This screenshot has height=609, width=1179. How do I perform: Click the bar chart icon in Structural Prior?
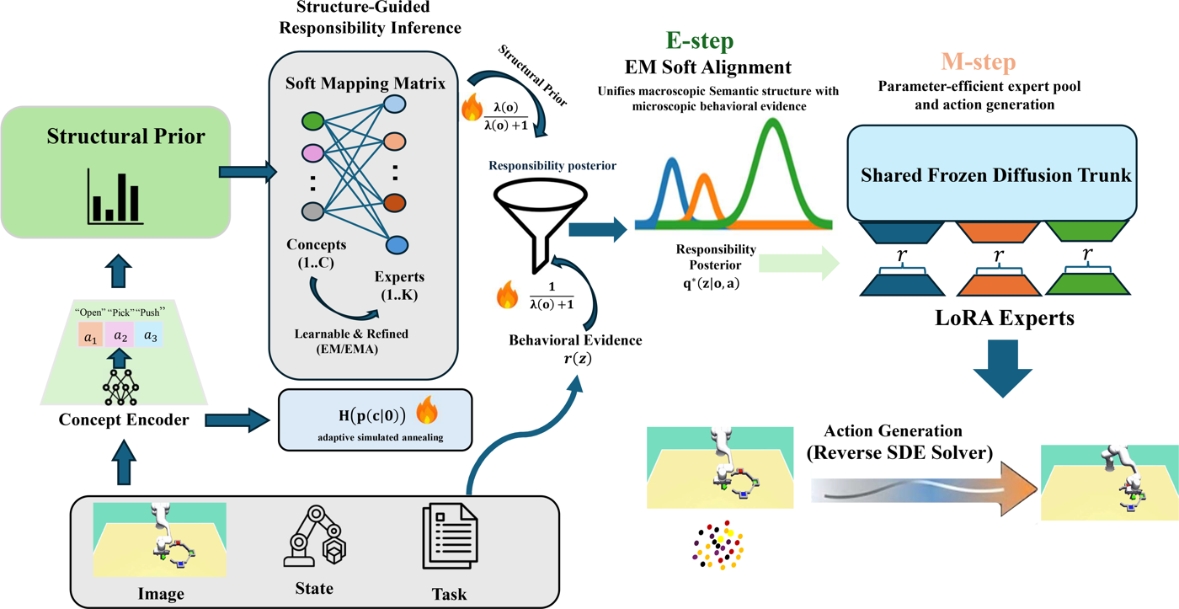115,196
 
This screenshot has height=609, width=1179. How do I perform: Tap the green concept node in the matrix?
312,121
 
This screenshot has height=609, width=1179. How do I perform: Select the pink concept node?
312,153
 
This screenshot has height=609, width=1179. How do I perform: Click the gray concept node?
312,211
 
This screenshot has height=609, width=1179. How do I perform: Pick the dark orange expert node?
395,203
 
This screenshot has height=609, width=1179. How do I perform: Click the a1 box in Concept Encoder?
91,334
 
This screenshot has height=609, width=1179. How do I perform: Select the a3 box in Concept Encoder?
150,334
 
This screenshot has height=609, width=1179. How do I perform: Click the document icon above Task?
450,536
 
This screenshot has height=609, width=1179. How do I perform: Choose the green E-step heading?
700,40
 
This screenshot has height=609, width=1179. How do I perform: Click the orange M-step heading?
978,61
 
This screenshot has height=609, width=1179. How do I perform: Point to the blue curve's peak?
672,158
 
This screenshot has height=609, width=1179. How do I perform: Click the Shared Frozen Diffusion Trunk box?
992,173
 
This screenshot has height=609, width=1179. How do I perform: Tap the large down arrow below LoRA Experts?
1002,368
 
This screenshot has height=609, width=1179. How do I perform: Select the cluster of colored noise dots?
718,545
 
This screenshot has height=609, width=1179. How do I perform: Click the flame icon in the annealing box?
427,410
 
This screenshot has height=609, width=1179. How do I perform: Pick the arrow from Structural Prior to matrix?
248,172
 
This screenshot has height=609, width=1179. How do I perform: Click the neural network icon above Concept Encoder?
120,387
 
